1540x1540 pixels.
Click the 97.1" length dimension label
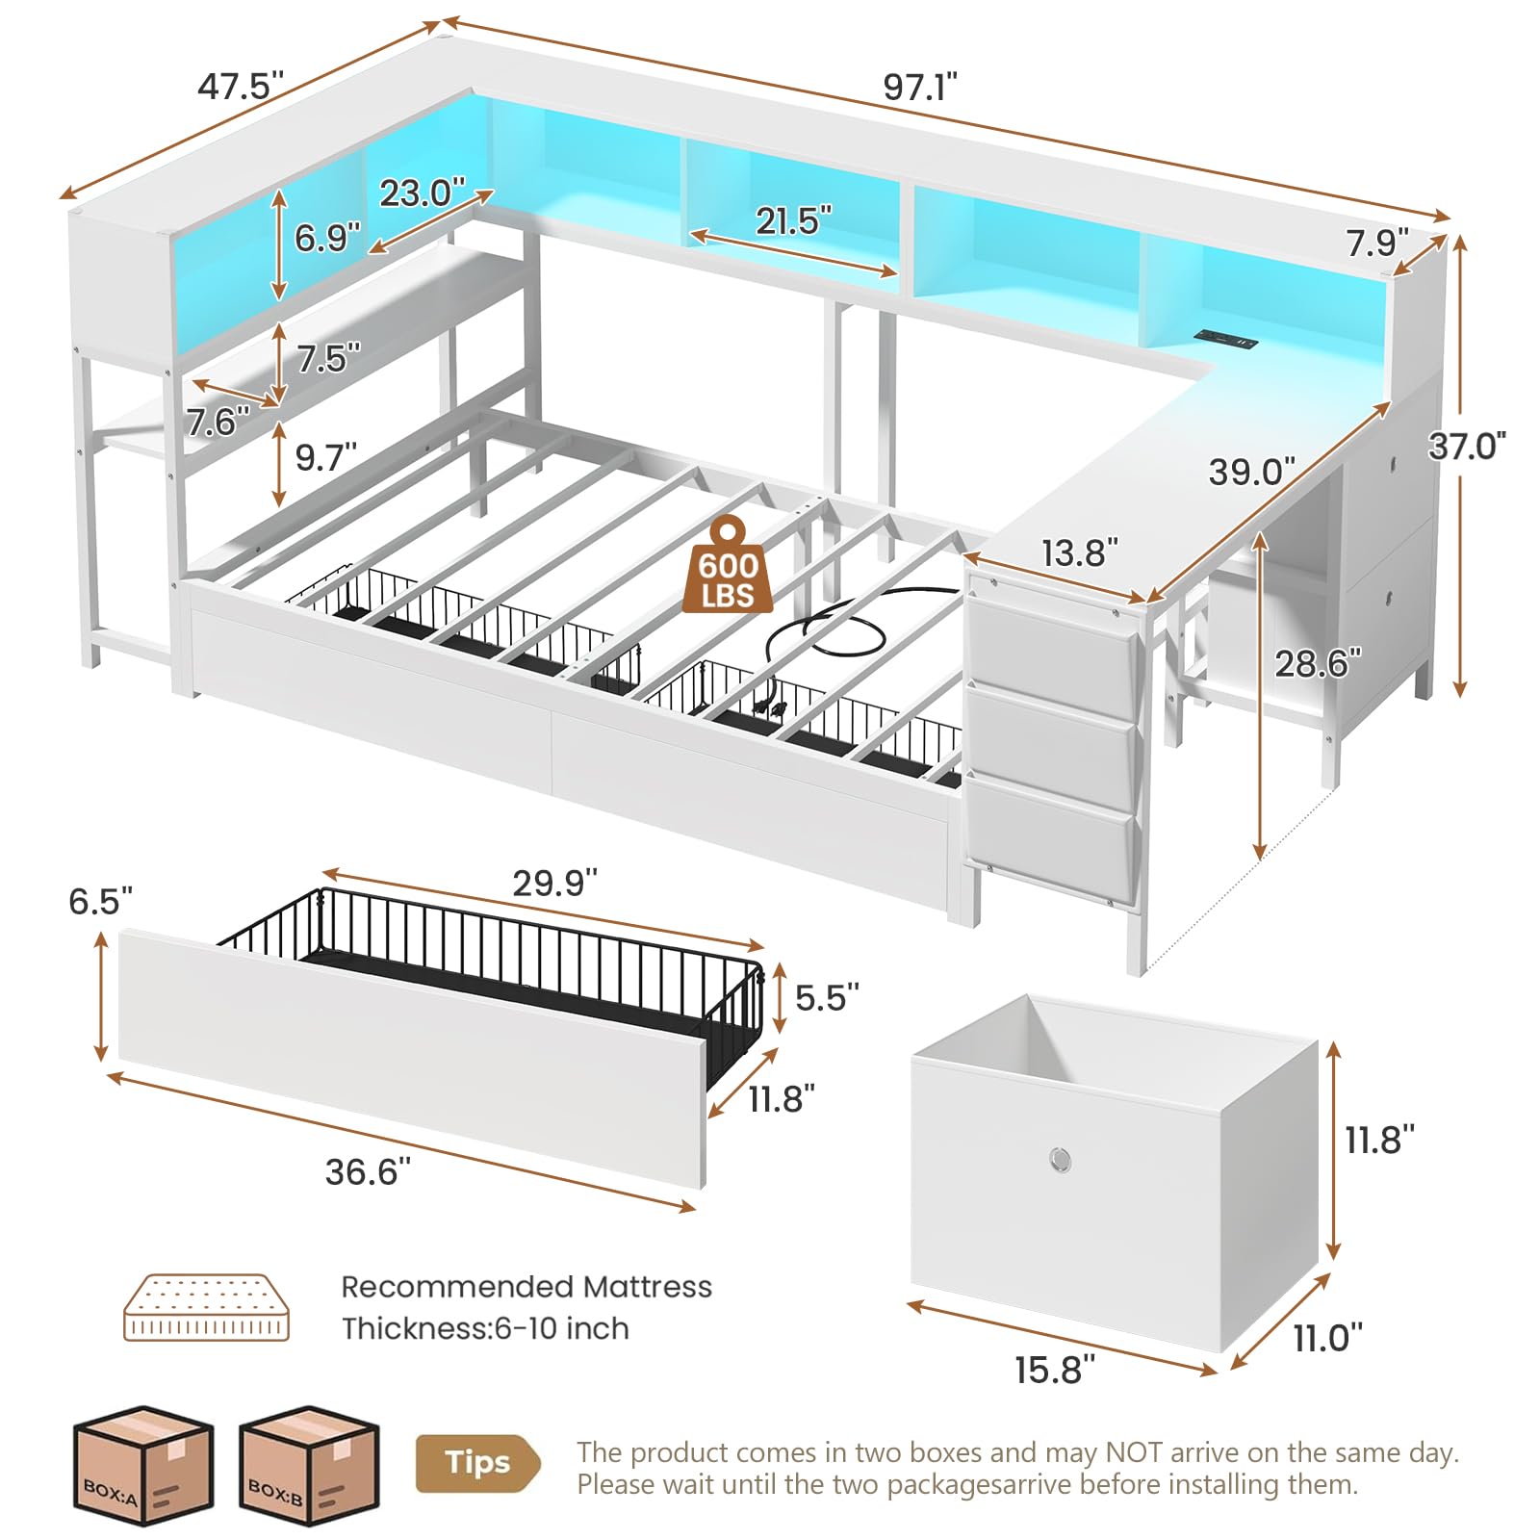coord(920,88)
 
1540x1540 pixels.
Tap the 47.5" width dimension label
coord(241,87)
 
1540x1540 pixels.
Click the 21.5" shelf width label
coord(793,221)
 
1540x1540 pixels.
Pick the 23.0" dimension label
coord(422,192)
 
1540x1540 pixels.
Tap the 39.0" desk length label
coord(1252,473)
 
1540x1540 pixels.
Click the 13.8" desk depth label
coord(1080,552)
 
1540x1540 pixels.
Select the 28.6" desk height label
coord(1318,663)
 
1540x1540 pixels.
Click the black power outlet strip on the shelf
coord(1226,339)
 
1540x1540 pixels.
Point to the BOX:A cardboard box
coord(142,1465)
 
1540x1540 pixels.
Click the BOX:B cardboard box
coord(309,1465)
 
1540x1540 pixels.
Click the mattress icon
coord(206,1308)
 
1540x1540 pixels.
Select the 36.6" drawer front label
coord(368,1171)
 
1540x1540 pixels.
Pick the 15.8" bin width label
coord(1055,1370)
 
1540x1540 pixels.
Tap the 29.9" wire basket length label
coord(554,883)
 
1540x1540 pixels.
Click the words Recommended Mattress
coord(526,1287)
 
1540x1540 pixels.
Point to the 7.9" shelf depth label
coord(1376,243)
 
